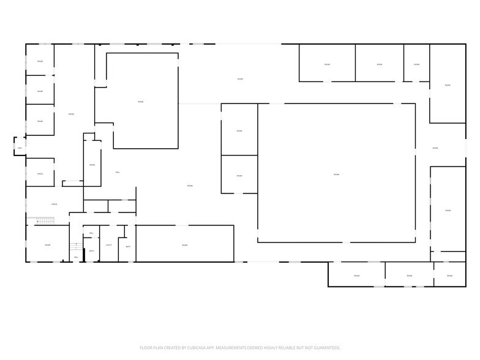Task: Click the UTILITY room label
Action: [108, 245]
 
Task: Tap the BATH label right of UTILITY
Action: [128, 247]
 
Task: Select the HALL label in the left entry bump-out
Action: [20, 148]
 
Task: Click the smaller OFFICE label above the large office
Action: [40, 174]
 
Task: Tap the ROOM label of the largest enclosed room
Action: [336, 174]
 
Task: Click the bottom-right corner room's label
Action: [449, 276]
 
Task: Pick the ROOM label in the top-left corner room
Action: [40, 61]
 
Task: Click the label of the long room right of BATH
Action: [184, 245]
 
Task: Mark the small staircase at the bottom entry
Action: [76, 246]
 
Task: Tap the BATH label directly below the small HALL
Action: [91, 251]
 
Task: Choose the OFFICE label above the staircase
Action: [54, 204]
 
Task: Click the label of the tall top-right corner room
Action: [448, 85]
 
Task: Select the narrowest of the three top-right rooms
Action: [416, 64]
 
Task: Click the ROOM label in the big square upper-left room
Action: [141, 102]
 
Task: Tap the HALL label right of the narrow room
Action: [117, 172]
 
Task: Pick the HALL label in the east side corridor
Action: [435, 148]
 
